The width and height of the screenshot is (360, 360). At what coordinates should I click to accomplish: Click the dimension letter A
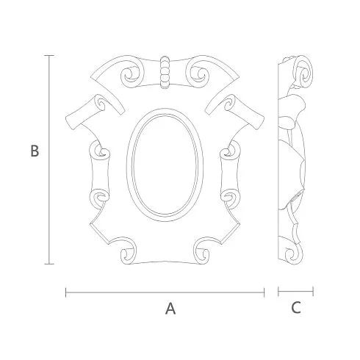170,309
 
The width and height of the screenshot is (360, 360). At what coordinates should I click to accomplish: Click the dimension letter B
35,151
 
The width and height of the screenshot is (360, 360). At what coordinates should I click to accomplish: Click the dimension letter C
296,308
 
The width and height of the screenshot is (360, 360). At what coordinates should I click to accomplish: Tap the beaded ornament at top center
165,72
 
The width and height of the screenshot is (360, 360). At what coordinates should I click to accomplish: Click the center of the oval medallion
165,165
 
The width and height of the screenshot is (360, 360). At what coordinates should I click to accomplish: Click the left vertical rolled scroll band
99,175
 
